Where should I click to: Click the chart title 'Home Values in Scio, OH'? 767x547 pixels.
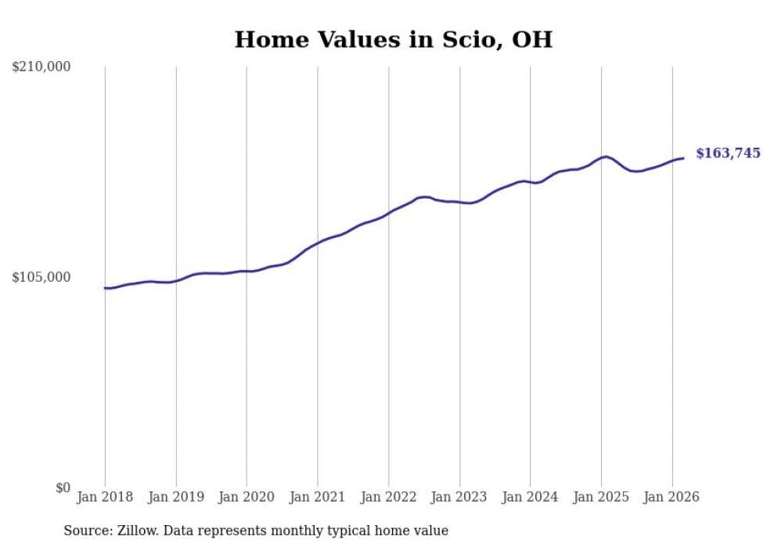[393, 40]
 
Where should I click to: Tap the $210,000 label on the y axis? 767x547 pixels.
[41, 67]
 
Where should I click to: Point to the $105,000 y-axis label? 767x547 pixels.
[41, 277]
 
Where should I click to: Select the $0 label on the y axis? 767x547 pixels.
[63, 488]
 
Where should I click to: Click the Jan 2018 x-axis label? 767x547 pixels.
[105, 497]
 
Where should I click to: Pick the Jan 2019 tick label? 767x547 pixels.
[176, 497]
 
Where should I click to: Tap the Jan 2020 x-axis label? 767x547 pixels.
[247, 497]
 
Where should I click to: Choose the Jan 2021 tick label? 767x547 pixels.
[318, 497]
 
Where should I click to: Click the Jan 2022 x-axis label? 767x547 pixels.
[388, 497]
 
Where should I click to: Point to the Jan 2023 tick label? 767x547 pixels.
[459, 497]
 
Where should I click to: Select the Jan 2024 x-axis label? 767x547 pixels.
[530, 497]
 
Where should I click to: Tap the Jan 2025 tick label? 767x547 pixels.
[601, 497]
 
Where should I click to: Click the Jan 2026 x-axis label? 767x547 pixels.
[672, 497]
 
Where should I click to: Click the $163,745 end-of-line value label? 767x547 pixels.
[728, 153]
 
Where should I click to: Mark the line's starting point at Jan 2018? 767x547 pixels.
[105, 288]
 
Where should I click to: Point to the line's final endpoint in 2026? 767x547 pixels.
[683, 158]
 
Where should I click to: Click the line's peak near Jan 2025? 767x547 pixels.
[605, 157]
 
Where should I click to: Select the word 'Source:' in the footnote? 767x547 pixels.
[85, 531]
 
